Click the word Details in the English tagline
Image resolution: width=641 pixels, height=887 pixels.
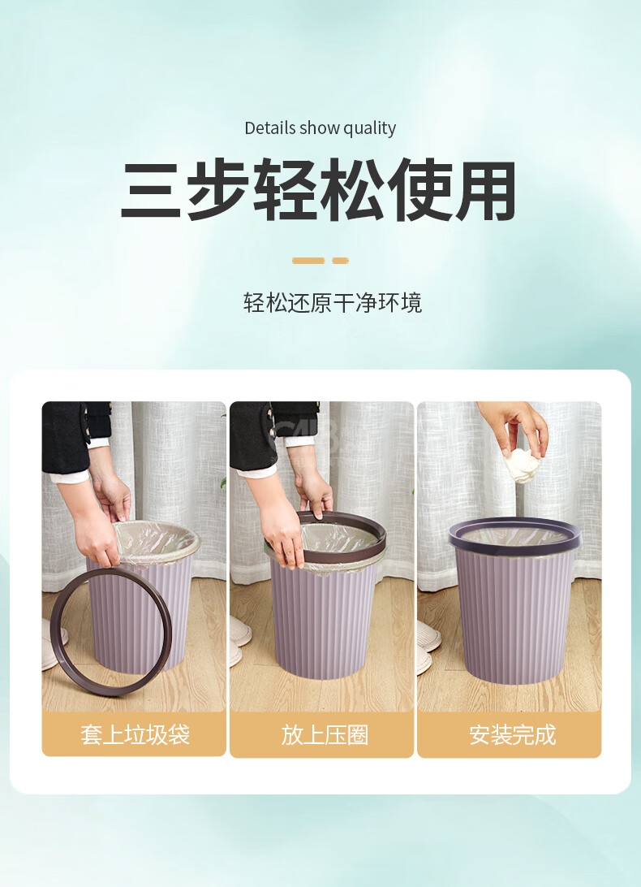tap(269, 128)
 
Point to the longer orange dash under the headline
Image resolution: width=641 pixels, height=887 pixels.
tap(308, 261)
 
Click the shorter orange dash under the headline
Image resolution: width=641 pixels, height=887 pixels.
tap(340, 261)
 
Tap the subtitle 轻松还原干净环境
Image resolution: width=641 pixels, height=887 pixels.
tap(333, 303)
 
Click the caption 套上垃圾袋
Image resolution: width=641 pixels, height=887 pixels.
tap(135, 735)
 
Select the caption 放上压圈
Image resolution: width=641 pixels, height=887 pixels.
tap(325, 735)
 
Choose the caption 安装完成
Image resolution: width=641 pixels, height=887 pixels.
tap(512, 735)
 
